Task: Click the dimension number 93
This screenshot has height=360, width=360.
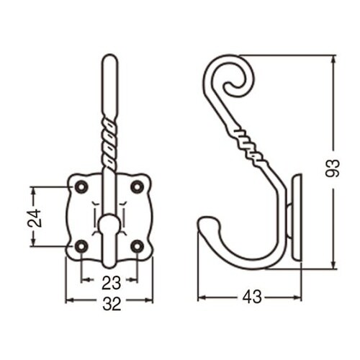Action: pyautogui.click(x=333, y=168)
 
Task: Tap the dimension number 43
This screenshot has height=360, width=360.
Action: pyautogui.click(x=252, y=297)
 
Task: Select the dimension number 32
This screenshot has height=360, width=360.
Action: pyautogui.click(x=112, y=305)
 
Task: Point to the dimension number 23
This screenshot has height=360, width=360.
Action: pyautogui.click(x=111, y=283)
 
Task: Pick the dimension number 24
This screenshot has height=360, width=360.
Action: pyautogui.click(x=35, y=218)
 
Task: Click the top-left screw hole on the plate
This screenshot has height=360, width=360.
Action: pyautogui.click(x=81, y=186)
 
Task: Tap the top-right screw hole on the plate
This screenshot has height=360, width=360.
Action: pyautogui.click(x=137, y=186)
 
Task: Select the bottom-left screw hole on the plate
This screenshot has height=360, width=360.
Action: pyautogui.click(x=81, y=246)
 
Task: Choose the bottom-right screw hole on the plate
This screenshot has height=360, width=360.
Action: pyautogui.click(x=137, y=246)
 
